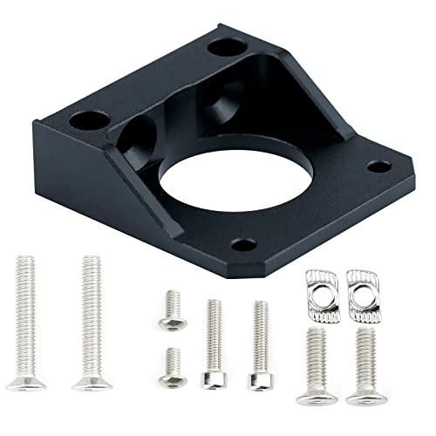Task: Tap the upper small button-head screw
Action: pyautogui.click(x=172, y=310)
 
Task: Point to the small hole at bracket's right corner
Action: pyautogui.click(x=378, y=166)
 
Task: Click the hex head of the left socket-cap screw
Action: pyautogui.click(x=213, y=378)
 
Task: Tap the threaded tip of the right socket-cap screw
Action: pyautogui.click(x=259, y=307)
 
